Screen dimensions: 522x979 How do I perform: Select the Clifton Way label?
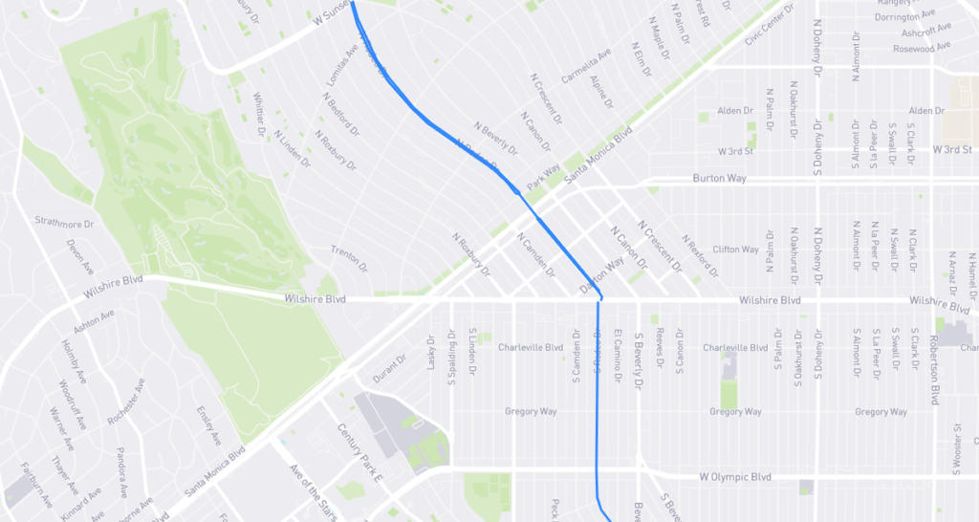pyautogui.click(x=735, y=250)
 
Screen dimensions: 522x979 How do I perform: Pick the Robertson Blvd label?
pyautogui.click(x=934, y=375)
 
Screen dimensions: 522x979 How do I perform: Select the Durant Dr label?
pyautogui.click(x=389, y=369)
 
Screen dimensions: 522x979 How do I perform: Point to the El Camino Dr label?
pyautogui.click(x=619, y=350)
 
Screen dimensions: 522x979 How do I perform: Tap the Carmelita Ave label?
pyautogui.click(x=585, y=67)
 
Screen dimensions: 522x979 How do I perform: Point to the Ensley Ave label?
pyautogui.click(x=207, y=425)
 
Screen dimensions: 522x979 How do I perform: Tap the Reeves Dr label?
pyautogui.click(x=660, y=349)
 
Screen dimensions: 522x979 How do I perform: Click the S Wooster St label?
pyautogui.click(x=957, y=449)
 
